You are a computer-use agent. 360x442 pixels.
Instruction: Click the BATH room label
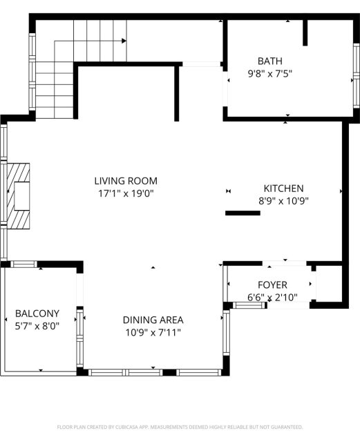pyautogui.click(x=269, y=61)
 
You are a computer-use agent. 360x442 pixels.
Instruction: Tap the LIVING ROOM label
pyautogui.click(x=126, y=181)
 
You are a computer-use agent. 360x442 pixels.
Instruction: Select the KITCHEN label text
pyautogui.click(x=283, y=189)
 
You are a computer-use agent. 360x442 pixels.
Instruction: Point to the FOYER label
pyautogui.click(x=272, y=285)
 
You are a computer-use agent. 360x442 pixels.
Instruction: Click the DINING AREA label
pyautogui.click(x=153, y=320)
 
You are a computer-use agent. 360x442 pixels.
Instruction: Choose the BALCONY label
pyautogui.click(x=37, y=314)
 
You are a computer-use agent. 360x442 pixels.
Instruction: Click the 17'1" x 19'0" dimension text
pyautogui.click(x=126, y=193)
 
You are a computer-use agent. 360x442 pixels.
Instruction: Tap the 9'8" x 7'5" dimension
pyautogui.click(x=269, y=74)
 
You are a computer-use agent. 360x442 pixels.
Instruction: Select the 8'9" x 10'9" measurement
pyautogui.click(x=283, y=201)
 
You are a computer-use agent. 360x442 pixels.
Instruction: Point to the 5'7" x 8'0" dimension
pyautogui.click(x=37, y=327)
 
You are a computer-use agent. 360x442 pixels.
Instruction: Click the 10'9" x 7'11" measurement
pyautogui.click(x=153, y=333)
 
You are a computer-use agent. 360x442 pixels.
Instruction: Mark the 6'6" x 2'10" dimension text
pyautogui.click(x=272, y=298)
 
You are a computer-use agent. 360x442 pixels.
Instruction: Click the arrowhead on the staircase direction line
pyautogui.click(x=124, y=41)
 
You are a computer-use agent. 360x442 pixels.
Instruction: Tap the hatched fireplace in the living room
pyautogui.click(x=19, y=196)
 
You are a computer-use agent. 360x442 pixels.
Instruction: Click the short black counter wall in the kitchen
pyautogui.click(x=243, y=213)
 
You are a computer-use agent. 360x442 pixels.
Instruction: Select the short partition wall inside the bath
pyautogui.click(x=305, y=32)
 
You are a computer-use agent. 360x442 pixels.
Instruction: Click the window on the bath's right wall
pyautogui.click(x=357, y=75)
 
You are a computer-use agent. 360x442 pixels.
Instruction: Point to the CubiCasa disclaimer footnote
pyautogui.click(x=180, y=427)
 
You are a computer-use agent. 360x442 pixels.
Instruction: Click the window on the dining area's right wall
pyautogui.click(x=227, y=333)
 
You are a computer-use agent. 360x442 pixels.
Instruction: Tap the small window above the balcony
pyautogui.click(x=23, y=264)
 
